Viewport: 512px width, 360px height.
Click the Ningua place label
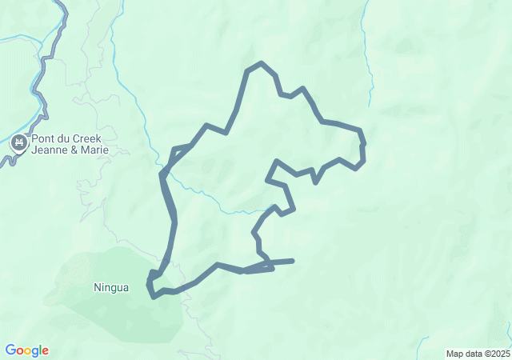coord(110,287)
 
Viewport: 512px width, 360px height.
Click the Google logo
coord(26,350)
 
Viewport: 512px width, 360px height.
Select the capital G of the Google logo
coord(10,350)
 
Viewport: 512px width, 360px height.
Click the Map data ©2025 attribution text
coord(478,354)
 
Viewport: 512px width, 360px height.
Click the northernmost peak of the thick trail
coord(261,63)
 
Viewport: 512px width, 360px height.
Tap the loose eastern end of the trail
coord(293,261)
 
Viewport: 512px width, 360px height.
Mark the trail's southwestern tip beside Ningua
coord(152,296)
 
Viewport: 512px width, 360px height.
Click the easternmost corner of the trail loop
coord(364,152)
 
